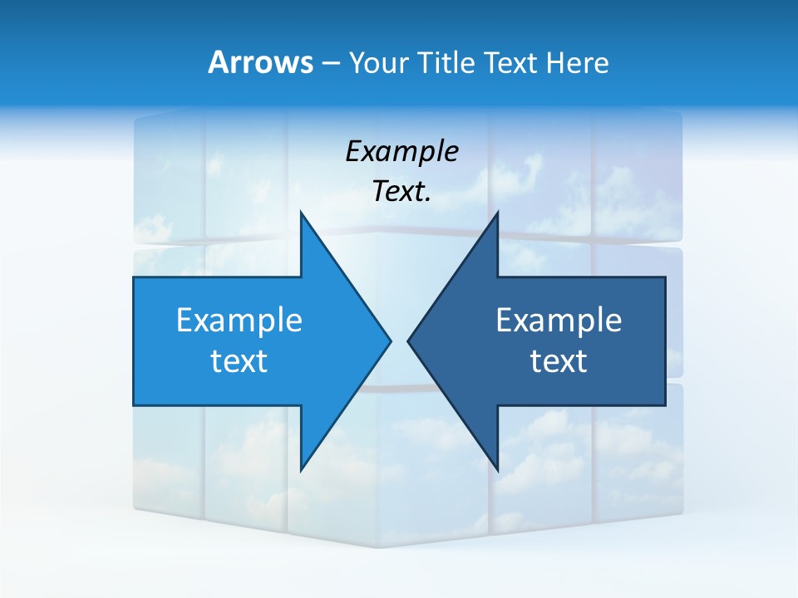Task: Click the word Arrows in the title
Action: tap(259, 62)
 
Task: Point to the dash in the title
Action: tap(329, 63)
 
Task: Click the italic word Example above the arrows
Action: tap(402, 152)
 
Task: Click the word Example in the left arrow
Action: tap(239, 320)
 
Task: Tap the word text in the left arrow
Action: tap(239, 360)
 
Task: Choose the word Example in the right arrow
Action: tap(559, 320)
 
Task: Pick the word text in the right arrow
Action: tap(559, 360)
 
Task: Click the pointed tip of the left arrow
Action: tap(391, 341)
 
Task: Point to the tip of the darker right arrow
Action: tap(408, 341)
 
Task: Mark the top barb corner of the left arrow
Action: tap(301, 212)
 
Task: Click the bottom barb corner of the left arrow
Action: tap(301, 470)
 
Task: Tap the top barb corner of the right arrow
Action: tap(497, 212)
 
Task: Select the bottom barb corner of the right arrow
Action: tap(497, 470)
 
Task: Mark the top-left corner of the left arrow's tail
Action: tap(134, 277)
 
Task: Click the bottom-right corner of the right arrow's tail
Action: tap(665, 405)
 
